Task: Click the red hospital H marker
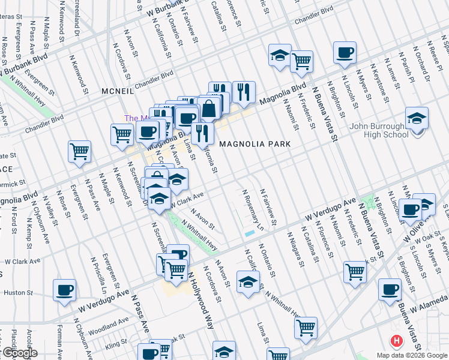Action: click(x=396, y=341)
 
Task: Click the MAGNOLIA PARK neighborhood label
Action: click(x=255, y=144)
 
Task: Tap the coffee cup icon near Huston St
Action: click(x=65, y=290)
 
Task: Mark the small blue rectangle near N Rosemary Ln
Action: click(x=249, y=233)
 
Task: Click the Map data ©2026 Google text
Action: click(x=412, y=355)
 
